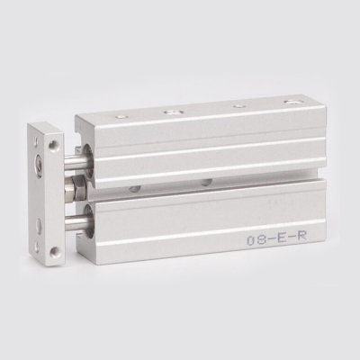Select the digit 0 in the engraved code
251,240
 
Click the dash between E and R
288,239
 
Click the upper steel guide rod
76,160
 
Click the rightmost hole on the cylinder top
290,103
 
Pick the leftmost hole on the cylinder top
121,116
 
